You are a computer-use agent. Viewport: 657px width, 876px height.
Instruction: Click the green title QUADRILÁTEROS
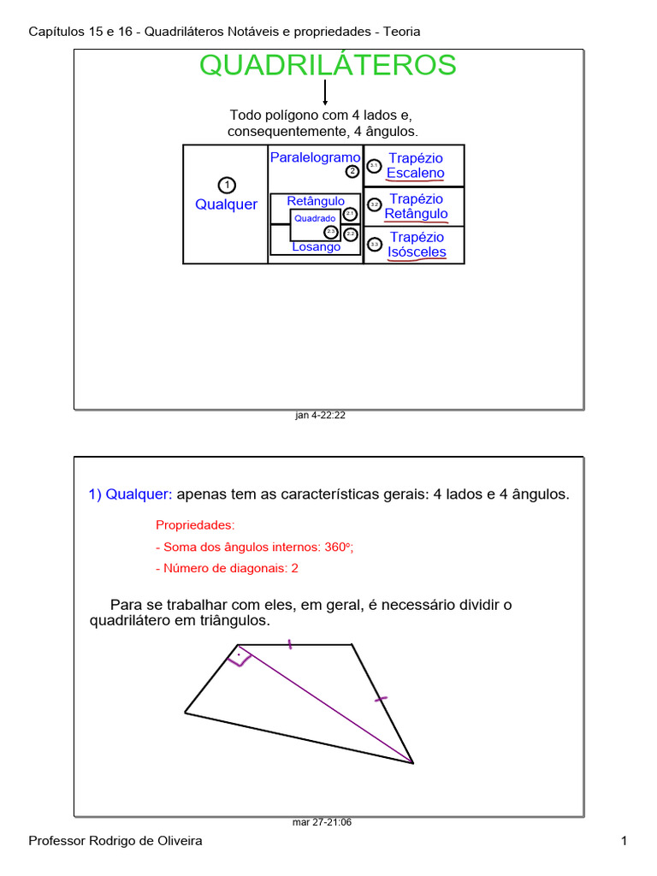[328, 65]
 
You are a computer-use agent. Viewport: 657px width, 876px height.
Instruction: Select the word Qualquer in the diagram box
[226, 204]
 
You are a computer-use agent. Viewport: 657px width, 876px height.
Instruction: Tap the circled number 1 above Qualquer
[226, 185]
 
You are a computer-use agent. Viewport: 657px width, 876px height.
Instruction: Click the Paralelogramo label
[315, 157]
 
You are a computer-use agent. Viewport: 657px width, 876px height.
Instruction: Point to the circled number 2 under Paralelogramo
[352, 171]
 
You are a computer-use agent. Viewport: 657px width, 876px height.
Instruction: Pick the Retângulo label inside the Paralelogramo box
[316, 201]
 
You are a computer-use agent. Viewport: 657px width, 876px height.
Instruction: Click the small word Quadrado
[315, 218]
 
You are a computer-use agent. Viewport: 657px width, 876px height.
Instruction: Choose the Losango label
[316, 246]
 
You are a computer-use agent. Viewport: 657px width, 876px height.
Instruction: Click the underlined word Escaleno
[415, 173]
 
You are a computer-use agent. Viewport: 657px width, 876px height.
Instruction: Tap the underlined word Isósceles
[417, 252]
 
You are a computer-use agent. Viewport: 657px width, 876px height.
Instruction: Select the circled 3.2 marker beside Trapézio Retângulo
[374, 205]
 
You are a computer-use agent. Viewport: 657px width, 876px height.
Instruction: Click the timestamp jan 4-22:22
[320, 415]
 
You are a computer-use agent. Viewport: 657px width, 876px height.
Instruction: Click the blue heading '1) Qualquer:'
[130, 494]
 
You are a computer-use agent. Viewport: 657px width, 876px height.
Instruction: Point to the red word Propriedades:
[195, 524]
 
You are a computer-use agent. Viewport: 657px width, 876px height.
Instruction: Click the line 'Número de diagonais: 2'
[227, 568]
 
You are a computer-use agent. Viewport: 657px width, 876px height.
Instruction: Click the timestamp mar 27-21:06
[323, 822]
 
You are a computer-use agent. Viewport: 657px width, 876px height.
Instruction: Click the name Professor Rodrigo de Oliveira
[115, 842]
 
